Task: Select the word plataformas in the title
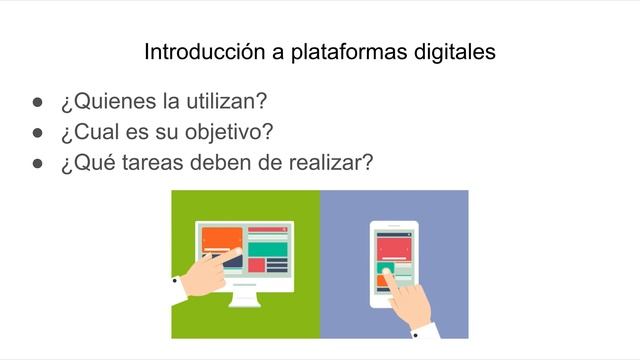(x=325, y=52)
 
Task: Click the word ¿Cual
(x=87, y=131)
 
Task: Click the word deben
(x=222, y=161)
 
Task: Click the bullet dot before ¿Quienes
(x=37, y=103)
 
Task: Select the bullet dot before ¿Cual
(x=37, y=132)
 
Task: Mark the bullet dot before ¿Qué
(x=37, y=162)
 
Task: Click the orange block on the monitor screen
(x=223, y=238)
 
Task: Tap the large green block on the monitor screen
(x=268, y=248)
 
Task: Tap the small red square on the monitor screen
(x=256, y=265)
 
